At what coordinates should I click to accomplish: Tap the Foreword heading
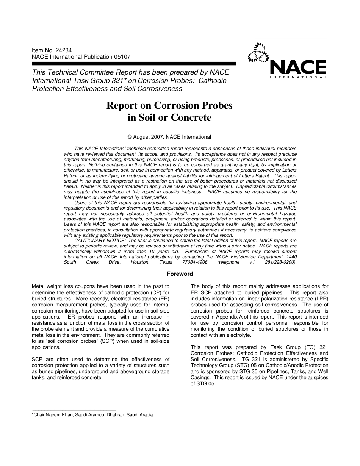click(180, 274)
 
